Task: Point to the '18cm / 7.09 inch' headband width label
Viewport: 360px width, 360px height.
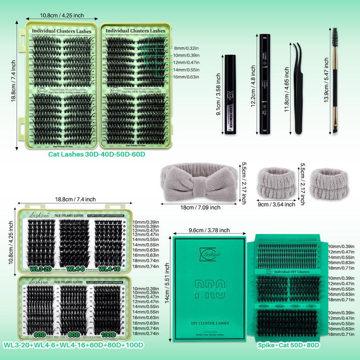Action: point(200,207)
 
